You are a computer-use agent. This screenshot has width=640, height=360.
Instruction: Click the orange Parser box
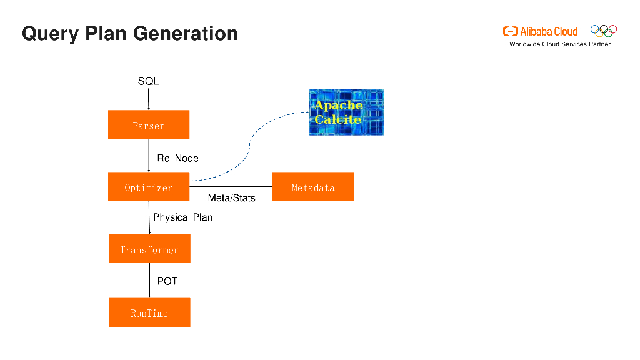pos(149,124)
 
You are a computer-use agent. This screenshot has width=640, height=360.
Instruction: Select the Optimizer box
pos(149,187)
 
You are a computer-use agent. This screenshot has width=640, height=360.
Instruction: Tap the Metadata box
pos(313,187)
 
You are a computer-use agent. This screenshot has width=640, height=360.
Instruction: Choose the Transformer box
pos(149,249)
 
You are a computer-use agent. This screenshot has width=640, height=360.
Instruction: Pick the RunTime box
pos(149,312)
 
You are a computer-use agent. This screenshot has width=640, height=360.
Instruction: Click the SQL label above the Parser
pos(148,81)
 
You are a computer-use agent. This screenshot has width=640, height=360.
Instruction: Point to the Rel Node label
pos(177,158)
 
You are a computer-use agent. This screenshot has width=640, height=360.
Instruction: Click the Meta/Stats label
pos(231,198)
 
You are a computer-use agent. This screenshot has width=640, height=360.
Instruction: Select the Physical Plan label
pos(182,217)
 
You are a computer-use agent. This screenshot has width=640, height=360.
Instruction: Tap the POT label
pos(167,281)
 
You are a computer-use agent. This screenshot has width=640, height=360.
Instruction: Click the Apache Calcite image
pos(346,112)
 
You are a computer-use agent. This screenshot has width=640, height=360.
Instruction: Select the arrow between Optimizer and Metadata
pos(231,186)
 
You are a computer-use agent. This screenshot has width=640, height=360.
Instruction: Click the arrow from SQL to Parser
pos(149,99)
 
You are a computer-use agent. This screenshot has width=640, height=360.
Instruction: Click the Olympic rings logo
pos(604,31)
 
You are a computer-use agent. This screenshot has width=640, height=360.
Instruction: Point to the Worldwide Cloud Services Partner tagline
pos(559,44)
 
